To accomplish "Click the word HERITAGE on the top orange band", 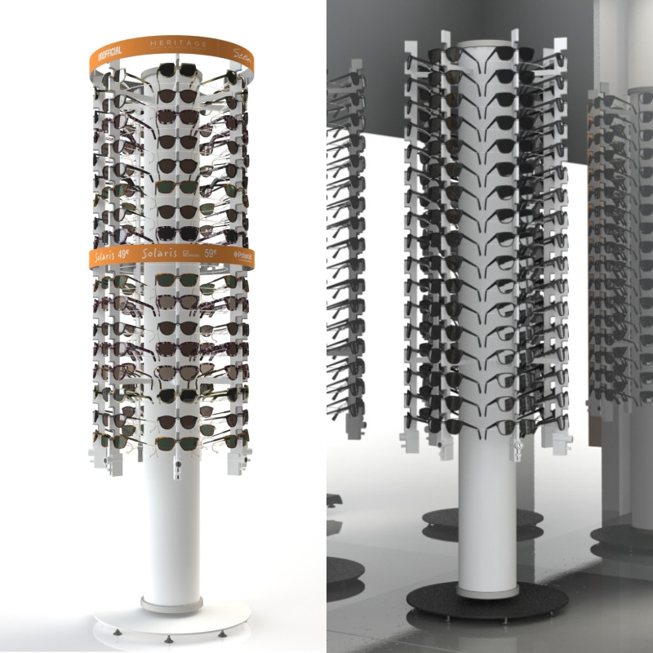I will [x=179, y=42].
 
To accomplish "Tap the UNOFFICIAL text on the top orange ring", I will [x=109, y=57].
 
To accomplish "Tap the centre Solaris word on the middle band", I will [x=158, y=254].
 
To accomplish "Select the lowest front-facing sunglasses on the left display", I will [x=178, y=443].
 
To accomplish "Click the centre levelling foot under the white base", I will [x=168, y=639].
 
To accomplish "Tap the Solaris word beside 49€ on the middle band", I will [x=104, y=257].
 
